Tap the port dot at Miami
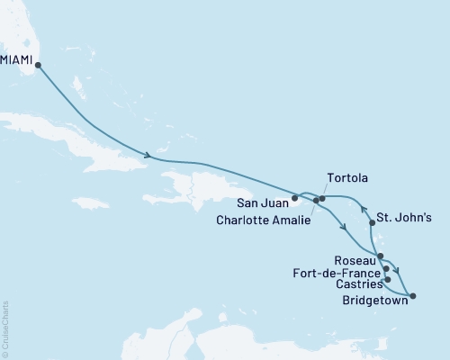(x=38, y=65)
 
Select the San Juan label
(x=262, y=202)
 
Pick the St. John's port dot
(x=373, y=221)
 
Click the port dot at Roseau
(x=381, y=256)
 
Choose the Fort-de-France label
(x=336, y=271)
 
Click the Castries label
(x=355, y=283)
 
